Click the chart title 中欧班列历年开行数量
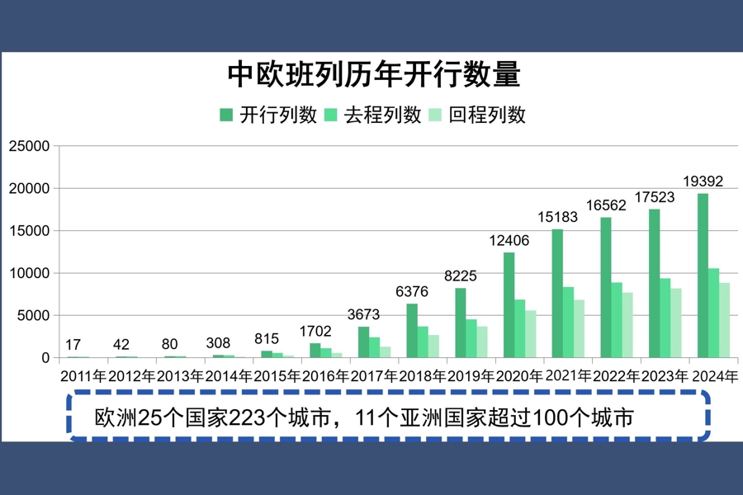[x=373, y=75]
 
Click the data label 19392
[x=703, y=181]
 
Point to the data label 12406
[x=509, y=240]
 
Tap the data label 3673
[x=363, y=314]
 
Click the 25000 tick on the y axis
[x=29, y=146]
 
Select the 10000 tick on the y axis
[x=29, y=273]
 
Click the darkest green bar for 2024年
[x=703, y=276]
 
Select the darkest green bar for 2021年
[x=557, y=293]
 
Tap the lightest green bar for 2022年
[x=628, y=325]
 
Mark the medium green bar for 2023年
[x=665, y=318]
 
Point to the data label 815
[x=267, y=338]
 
